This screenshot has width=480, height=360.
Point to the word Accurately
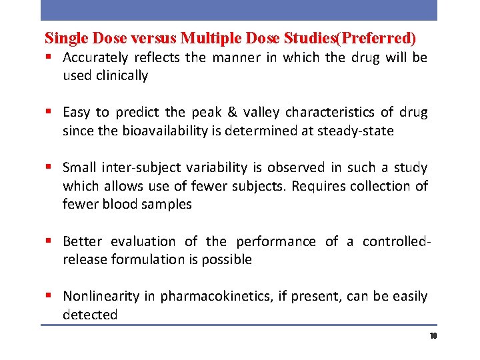pyautogui.click(x=96, y=58)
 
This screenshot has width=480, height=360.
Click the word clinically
pyautogui.click(x=122, y=75)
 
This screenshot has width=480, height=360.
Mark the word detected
pyautogui.click(x=90, y=315)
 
